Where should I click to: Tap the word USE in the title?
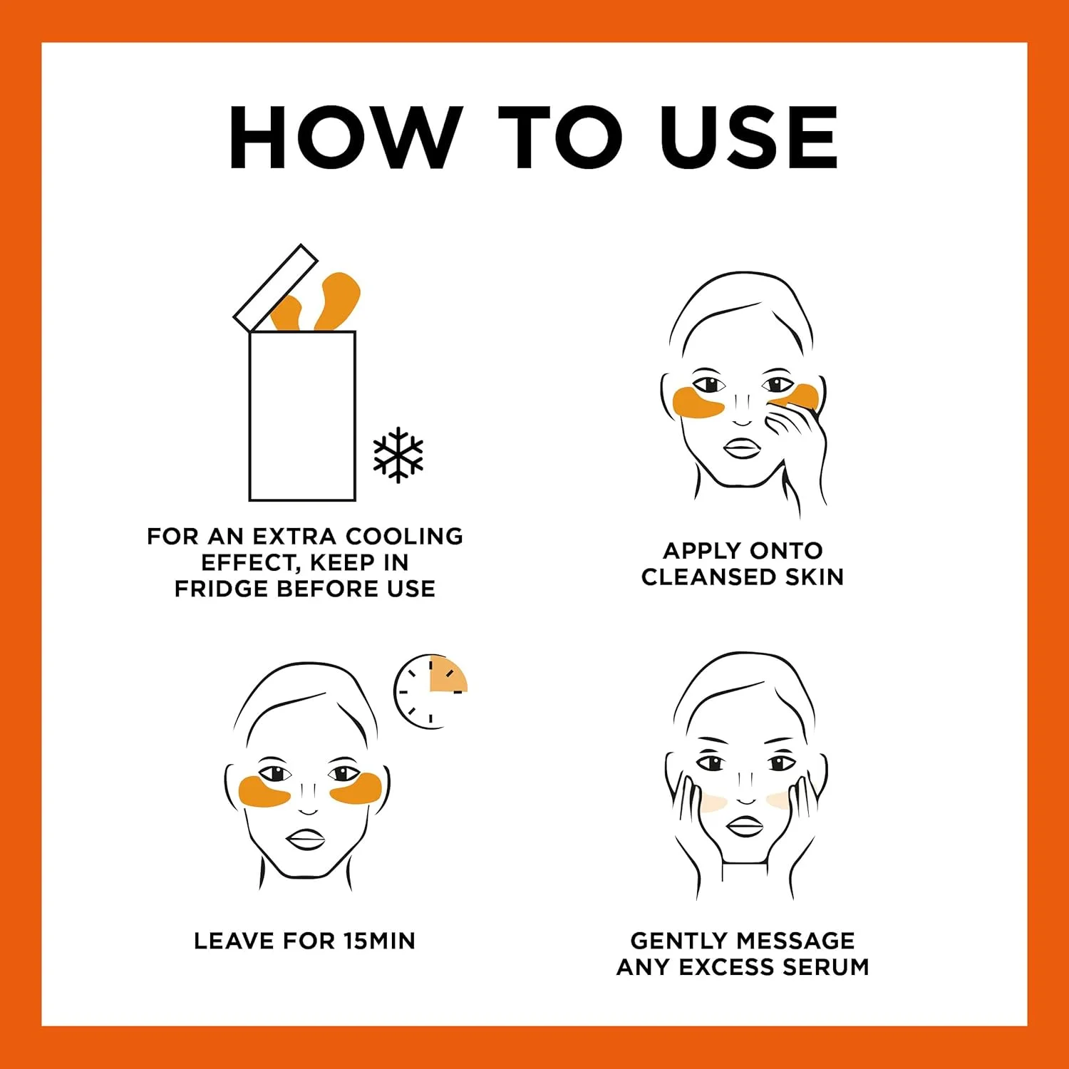click(x=749, y=138)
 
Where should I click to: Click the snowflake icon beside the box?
click(x=398, y=455)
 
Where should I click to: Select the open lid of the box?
click(x=276, y=287)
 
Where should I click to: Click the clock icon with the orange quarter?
click(x=430, y=691)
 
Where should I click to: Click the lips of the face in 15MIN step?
click(x=306, y=839)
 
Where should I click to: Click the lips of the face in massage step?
click(x=744, y=826)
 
